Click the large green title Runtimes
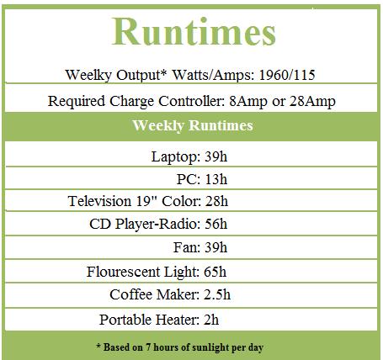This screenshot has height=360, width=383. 194,31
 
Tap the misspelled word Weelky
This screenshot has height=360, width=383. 88,75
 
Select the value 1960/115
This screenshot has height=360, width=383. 287,75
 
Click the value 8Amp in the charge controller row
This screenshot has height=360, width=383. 248,102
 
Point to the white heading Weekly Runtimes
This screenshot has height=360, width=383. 193,125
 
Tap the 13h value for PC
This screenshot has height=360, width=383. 216,179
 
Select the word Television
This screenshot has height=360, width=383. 99,201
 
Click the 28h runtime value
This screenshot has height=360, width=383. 216,201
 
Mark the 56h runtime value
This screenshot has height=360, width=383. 215,224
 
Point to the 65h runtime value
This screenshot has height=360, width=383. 215,272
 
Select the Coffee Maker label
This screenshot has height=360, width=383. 154,294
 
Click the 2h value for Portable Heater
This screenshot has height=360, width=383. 211,320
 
